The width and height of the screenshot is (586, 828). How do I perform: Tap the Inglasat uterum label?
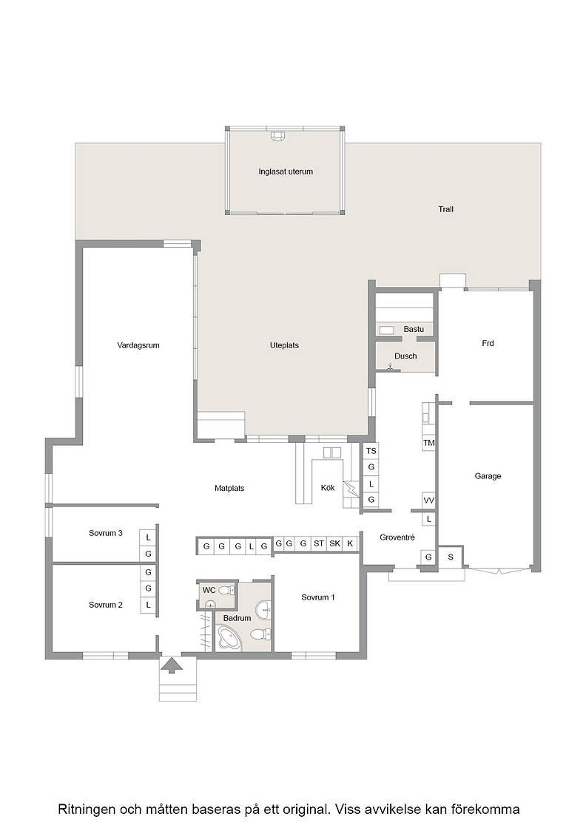click(x=286, y=172)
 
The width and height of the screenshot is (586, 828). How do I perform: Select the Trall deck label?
click(x=445, y=209)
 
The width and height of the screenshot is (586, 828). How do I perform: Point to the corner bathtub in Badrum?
click(x=229, y=637)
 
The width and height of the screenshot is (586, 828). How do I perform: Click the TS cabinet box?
click(x=371, y=451)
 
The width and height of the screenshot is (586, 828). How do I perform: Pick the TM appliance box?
click(x=428, y=443)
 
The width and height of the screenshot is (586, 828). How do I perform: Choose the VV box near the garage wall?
click(x=428, y=500)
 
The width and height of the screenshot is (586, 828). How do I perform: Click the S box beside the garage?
click(x=450, y=557)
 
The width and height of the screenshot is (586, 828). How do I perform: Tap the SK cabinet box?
click(x=334, y=543)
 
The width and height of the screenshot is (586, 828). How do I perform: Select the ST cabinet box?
click(x=319, y=543)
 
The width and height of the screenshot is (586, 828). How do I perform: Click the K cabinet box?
click(x=350, y=543)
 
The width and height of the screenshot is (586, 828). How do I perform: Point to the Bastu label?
click(x=414, y=329)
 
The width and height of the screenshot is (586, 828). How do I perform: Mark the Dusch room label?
click(x=405, y=356)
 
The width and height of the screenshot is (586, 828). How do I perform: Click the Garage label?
click(x=488, y=476)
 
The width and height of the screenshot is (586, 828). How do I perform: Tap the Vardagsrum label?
click(x=138, y=345)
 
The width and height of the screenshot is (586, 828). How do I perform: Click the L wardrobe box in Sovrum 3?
click(x=148, y=537)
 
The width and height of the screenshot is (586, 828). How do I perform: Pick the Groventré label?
click(x=397, y=537)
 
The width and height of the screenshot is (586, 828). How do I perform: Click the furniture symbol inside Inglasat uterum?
click(x=278, y=136)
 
